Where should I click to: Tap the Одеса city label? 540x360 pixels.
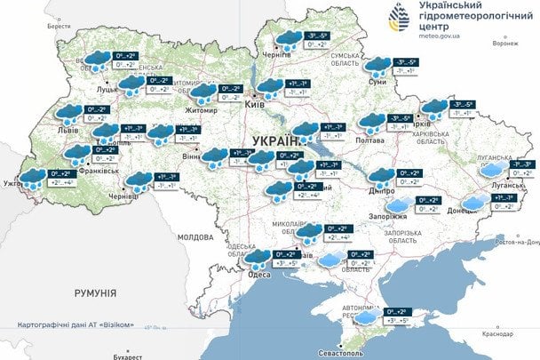click(259, 275)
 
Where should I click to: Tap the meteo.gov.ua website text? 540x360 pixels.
click(430, 37)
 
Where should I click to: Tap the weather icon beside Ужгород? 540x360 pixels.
click(34, 176)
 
